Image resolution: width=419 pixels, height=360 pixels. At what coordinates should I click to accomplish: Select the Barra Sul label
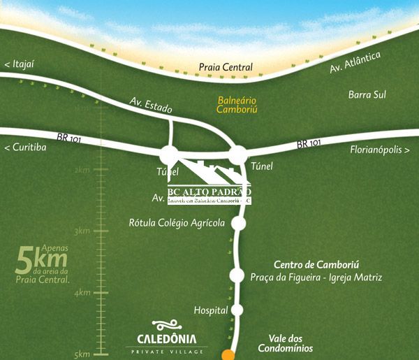tap(367, 94)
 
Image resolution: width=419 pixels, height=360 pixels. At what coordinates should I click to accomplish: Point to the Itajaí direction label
tap(19, 65)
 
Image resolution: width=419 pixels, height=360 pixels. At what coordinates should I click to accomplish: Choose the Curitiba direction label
tap(25, 147)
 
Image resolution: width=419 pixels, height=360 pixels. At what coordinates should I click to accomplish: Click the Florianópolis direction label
tap(380, 150)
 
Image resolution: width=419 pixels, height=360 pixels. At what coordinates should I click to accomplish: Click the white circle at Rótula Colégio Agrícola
tap(238, 224)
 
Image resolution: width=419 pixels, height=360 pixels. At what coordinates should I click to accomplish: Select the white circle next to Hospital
tap(237, 309)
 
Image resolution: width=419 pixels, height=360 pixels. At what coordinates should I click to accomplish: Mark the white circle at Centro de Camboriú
tap(237, 274)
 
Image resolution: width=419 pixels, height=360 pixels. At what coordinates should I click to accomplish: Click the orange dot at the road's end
tap(228, 355)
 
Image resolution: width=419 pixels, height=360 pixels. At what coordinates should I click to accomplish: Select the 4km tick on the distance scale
tap(82, 292)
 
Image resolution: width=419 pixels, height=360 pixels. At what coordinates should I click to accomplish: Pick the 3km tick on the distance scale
tap(82, 231)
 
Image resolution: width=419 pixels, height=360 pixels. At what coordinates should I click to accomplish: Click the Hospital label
tap(211, 309)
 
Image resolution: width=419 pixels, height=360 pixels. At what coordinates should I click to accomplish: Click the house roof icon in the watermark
tap(208, 171)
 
